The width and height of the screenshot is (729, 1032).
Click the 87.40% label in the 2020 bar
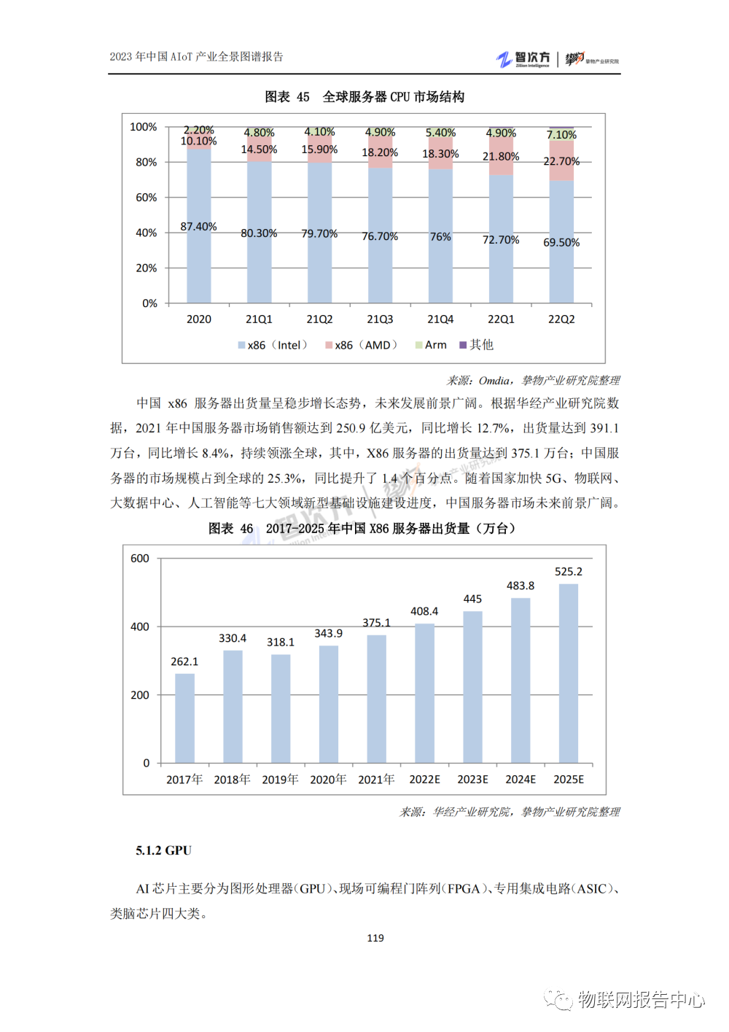[x=198, y=227]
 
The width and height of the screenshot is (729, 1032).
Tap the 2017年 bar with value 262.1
[x=184, y=718]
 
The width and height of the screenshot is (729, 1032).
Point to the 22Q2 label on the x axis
[x=561, y=319]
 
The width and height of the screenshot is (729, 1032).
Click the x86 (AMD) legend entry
[x=362, y=345]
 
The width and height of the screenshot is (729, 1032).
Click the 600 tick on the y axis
[x=140, y=559]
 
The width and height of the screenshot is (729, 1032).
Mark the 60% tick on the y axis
[x=146, y=198]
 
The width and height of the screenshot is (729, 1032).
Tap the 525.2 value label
[x=569, y=572]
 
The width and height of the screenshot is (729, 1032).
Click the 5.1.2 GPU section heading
[x=163, y=850]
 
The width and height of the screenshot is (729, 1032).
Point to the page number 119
[x=375, y=938]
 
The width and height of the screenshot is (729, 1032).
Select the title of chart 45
[x=364, y=97]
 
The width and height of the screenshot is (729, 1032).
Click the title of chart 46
[x=362, y=529]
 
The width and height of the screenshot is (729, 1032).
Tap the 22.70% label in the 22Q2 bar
[x=561, y=161]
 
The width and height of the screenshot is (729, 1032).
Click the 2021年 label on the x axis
[x=376, y=780]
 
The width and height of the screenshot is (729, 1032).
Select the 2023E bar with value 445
[x=472, y=687]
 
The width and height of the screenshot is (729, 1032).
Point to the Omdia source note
[x=533, y=381]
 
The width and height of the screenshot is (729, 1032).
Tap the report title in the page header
[x=196, y=57]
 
